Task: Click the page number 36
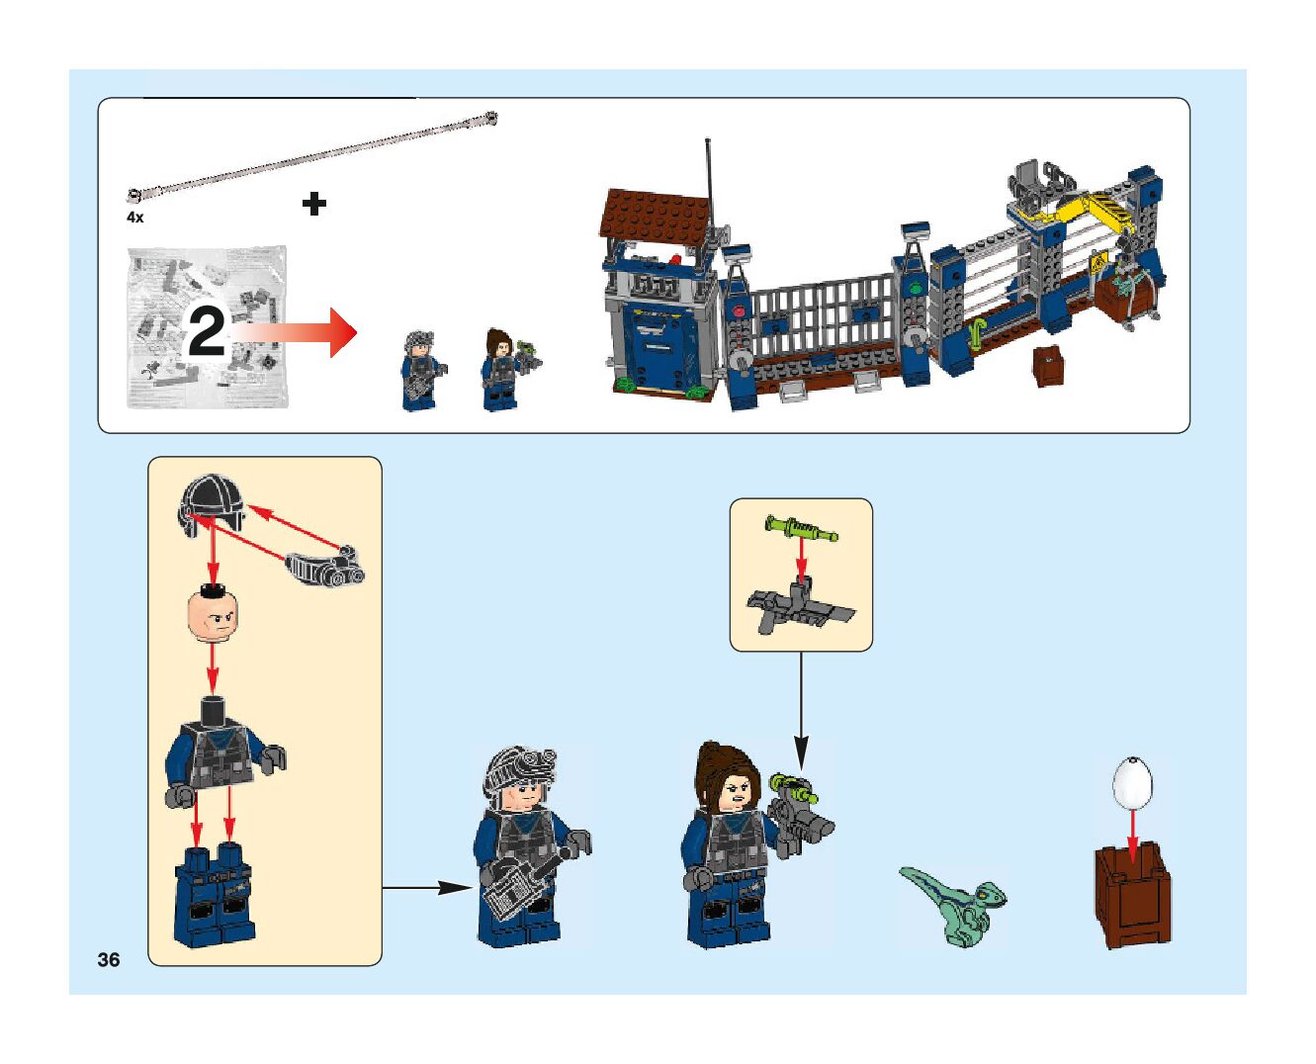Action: click(x=109, y=959)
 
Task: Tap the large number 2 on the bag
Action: click(x=207, y=332)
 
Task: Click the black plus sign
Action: click(x=313, y=204)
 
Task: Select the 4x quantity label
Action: click(x=134, y=217)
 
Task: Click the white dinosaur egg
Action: click(x=1132, y=781)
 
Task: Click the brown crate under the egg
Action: click(x=1132, y=893)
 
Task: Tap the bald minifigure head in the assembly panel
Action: click(x=213, y=615)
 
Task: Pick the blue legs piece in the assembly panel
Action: click(x=215, y=894)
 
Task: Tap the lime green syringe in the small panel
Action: click(x=801, y=528)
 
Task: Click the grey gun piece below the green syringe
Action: click(x=800, y=608)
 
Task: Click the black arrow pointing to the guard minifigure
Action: click(x=427, y=888)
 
